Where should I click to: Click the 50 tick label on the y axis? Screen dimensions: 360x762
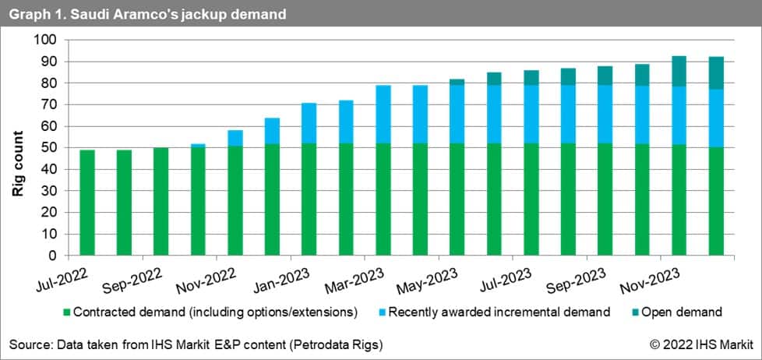pos(50,148)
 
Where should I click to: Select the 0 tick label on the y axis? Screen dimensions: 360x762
pos(54,256)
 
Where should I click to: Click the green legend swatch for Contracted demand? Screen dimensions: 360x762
pos(64,313)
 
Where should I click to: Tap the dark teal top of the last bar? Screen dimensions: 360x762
pos(716,73)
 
